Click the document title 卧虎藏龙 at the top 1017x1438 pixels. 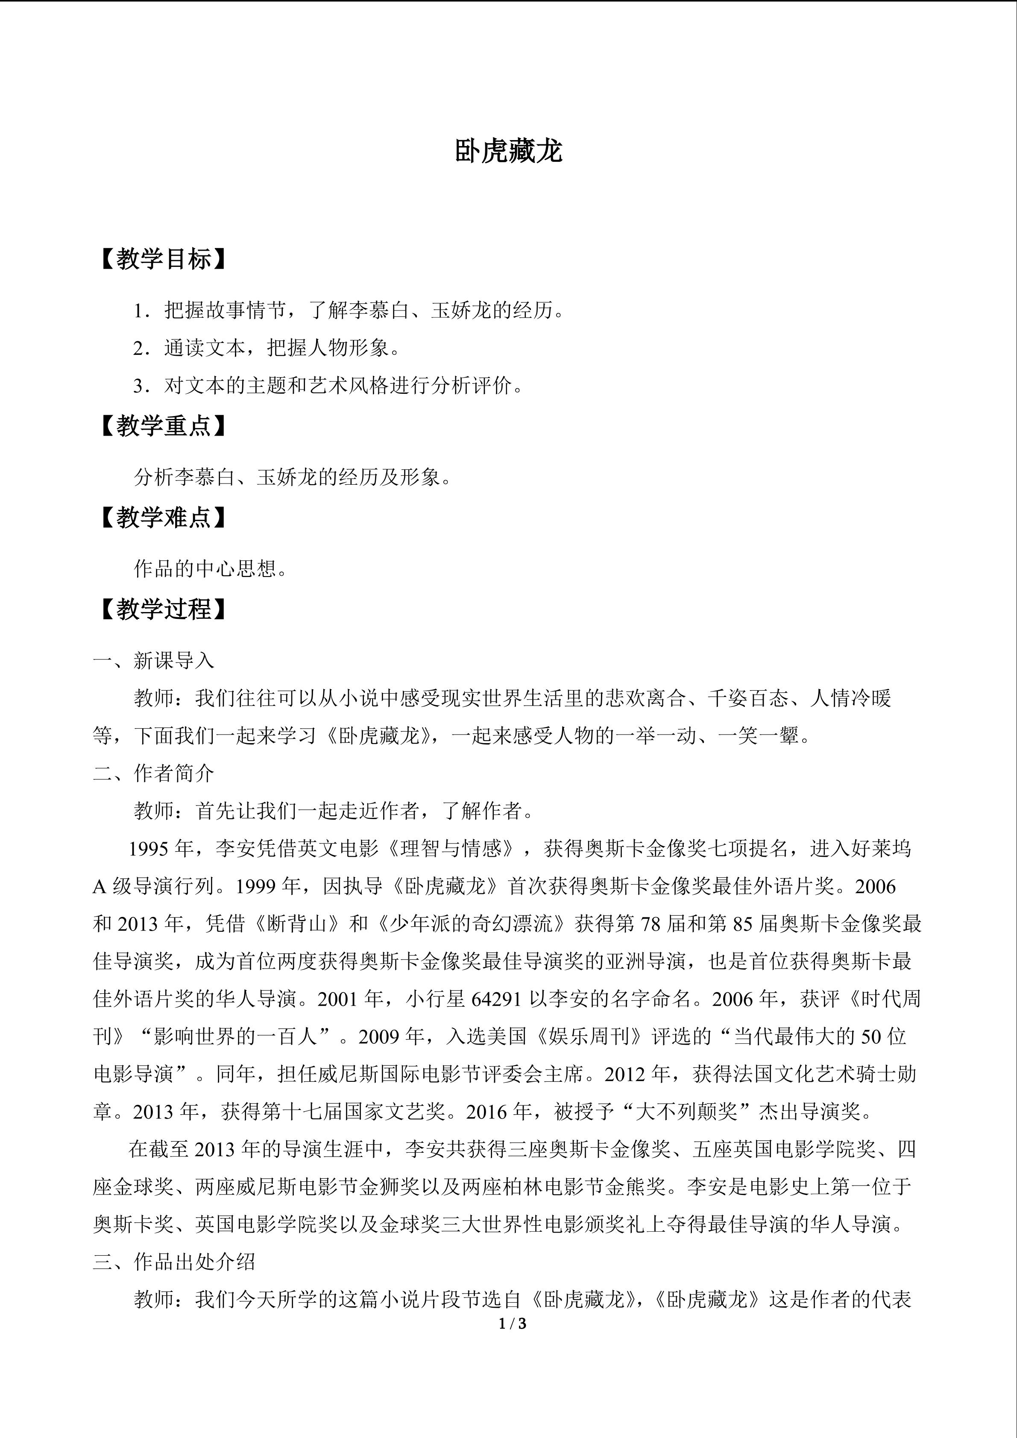click(508, 152)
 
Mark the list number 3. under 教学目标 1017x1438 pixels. click(142, 386)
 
